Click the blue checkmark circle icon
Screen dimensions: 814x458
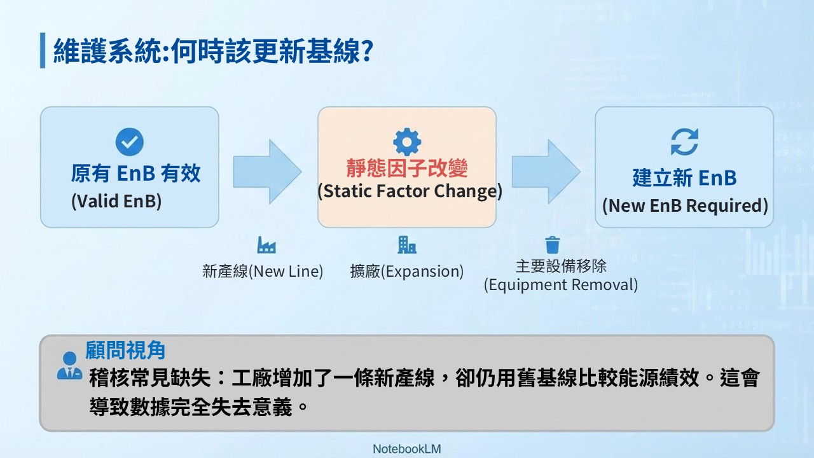(x=129, y=142)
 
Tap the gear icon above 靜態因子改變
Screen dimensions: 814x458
(x=407, y=142)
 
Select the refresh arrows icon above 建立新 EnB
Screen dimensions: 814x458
(x=685, y=142)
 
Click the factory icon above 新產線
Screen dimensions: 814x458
(x=266, y=245)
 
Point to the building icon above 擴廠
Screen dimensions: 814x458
(x=407, y=245)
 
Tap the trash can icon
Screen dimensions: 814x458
(x=553, y=245)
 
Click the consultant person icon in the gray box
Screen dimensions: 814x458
(x=69, y=366)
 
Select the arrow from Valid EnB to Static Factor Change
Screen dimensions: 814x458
(x=267, y=172)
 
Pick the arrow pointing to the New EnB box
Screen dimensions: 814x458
(x=546, y=172)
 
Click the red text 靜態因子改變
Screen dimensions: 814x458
(x=407, y=168)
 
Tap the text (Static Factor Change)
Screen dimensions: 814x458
(x=410, y=191)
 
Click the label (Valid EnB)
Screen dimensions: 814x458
(x=116, y=201)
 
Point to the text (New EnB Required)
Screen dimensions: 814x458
(x=685, y=205)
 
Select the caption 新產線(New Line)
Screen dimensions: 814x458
(x=263, y=271)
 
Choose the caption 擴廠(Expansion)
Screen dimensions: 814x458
(x=407, y=271)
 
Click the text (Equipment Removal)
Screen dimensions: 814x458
(x=561, y=284)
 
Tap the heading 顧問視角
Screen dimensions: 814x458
(x=125, y=350)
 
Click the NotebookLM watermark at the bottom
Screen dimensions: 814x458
(x=407, y=449)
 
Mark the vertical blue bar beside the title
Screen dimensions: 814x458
(x=43, y=50)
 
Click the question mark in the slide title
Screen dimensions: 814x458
(x=368, y=51)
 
